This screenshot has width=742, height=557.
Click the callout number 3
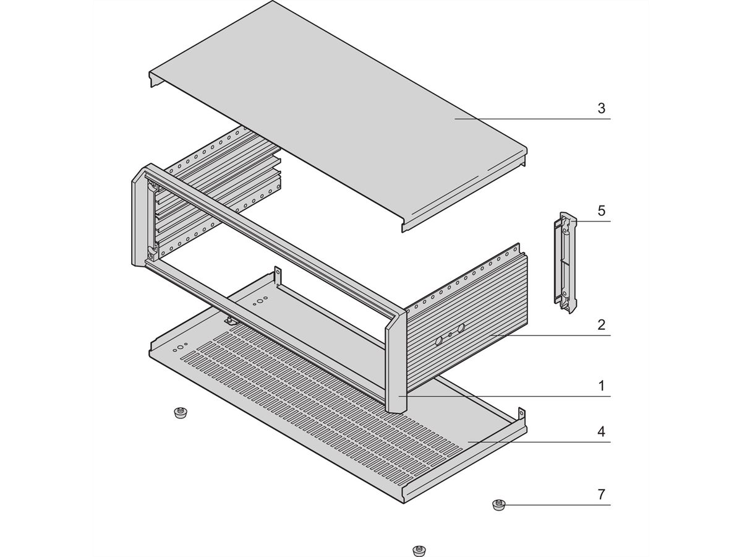(x=601, y=108)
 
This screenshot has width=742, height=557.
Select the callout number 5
(x=601, y=210)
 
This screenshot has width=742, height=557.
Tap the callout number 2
(x=601, y=325)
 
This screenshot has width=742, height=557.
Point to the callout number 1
(x=601, y=386)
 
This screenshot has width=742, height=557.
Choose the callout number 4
(x=601, y=431)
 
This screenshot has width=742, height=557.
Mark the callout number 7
(x=601, y=494)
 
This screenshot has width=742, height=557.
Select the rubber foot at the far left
(x=181, y=413)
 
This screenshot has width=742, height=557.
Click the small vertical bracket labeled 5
(x=565, y=263)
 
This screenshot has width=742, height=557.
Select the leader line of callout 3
(x=532, y=119)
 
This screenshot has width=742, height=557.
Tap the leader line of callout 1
(x=505, y=396)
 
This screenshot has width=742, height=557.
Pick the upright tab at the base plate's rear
(x=277, y=276)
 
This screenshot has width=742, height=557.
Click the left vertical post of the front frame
(x=140, y=217)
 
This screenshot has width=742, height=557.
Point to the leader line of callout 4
(x=539, y=442)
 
